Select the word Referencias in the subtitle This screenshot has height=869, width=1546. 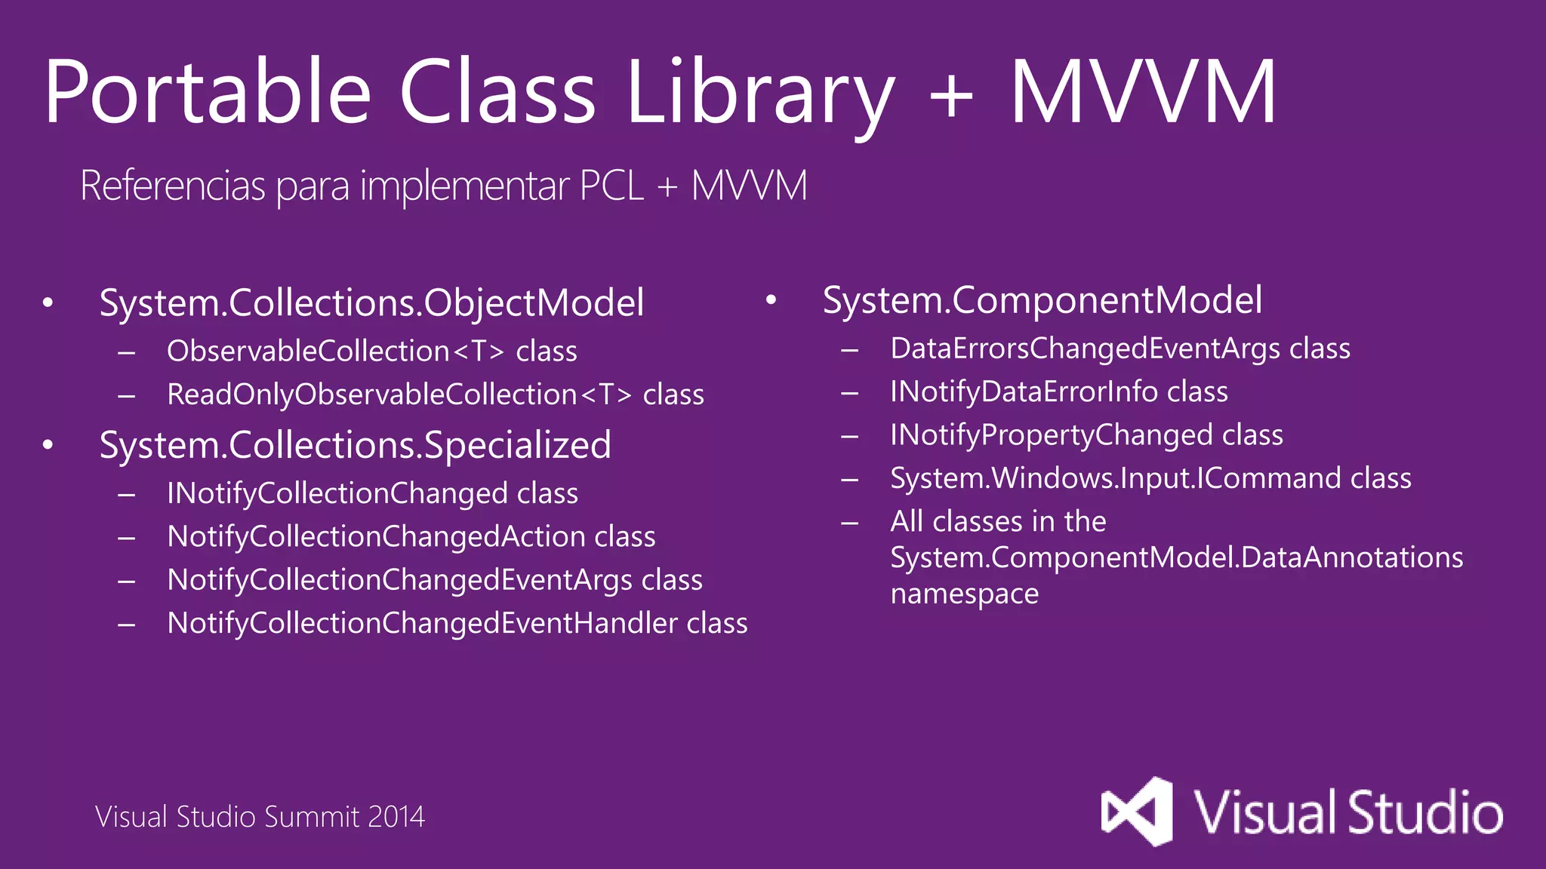[x=173, y=186]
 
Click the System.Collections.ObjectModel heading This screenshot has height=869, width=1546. [x=371, y=303]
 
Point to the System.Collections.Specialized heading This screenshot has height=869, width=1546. [x=355, y=445]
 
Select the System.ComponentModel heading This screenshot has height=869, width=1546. [x=1042, y=300]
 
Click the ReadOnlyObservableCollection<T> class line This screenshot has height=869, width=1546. [x=436, y=395]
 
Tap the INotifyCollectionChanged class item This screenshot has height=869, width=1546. [x=372, y=493]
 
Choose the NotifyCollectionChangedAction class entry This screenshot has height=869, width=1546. [x=411, y=536]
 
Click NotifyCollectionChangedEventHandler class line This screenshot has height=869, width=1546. [x=457, y=623]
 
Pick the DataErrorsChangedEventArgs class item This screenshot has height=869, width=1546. [x=1120, y=349]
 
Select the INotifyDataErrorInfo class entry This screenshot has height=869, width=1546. [x=1059, y=392]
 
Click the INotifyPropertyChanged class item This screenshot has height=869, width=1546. [x=1086, y=435]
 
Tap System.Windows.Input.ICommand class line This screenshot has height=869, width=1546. [x=1150, y=478]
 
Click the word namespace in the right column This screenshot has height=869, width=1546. [x=964, y=594]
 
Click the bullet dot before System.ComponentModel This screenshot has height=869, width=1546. [x=771, y=300]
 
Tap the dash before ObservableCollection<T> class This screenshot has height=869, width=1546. [x=127, y=352]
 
